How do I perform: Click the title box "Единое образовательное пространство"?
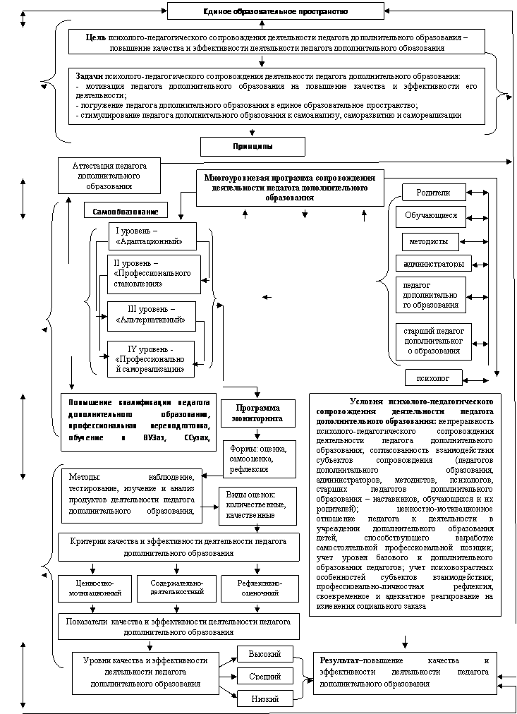tap(275, 11)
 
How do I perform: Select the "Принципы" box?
tap(253, 146)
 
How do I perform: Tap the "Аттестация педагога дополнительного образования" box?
tap(109, 175)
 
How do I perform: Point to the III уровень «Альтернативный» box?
tap(150, 315)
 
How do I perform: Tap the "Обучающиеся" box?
tap(430, 216)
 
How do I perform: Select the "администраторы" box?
tap(433, 264)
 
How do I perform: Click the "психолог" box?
tap(433, 378)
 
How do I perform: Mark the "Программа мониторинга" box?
tap(257, 413)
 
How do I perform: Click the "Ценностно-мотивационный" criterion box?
tap(95, 588)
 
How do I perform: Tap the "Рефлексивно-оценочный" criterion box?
tap(259, 588)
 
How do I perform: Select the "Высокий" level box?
tap(264, 654)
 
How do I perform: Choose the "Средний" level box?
tap(264, 677)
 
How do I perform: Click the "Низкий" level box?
tap(264, 698)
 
